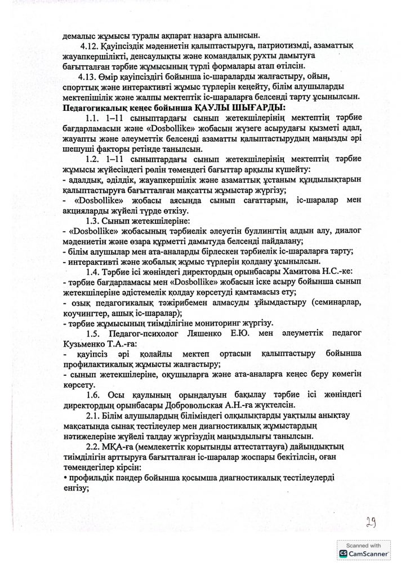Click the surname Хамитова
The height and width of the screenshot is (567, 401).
pyautogui.click(x=277, y=272)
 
